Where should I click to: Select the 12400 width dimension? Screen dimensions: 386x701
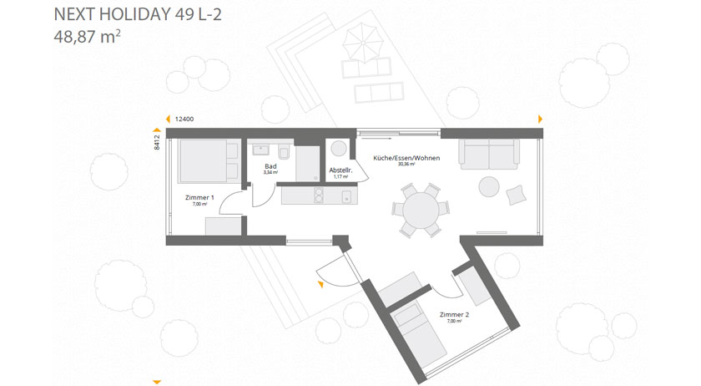184,119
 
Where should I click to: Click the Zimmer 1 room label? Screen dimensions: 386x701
199,198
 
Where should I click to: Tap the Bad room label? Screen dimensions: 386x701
269,167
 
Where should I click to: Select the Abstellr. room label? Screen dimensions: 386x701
340,170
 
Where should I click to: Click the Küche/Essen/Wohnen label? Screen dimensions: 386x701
406,158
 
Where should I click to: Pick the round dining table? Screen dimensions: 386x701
421,209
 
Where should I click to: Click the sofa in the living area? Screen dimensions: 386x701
488,154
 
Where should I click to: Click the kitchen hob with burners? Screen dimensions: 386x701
318,196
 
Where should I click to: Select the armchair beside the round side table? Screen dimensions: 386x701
517,193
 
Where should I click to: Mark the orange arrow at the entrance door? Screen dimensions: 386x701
320,286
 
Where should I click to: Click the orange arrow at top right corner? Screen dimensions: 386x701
541,119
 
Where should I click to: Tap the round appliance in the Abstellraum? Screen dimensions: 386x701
340,148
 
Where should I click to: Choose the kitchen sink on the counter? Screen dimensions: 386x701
346,196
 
